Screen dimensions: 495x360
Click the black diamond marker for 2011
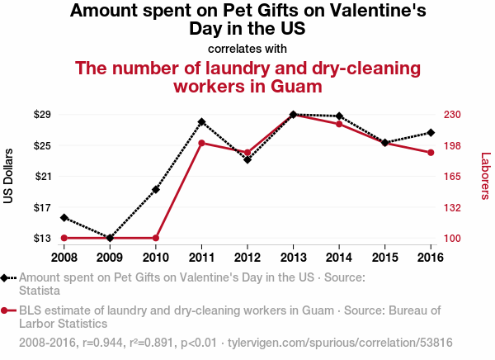(201, 122)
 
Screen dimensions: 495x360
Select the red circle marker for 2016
(431, 153)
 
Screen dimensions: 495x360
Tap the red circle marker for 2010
(156, 238)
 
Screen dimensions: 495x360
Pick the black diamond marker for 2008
(64, 217)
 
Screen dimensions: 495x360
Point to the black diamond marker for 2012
(247, 160)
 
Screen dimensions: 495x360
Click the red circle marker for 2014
(339, 124)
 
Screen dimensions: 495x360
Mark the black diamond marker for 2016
(431, 133)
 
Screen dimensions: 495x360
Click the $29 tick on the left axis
(42, 114)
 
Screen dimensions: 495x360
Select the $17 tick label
(42, 207)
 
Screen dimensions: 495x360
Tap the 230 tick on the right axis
(452, 114)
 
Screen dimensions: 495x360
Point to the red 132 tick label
(452, 207)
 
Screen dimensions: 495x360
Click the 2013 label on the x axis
(293, 258)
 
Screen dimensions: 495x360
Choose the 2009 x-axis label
(110, 258)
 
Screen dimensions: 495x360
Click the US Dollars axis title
(8, 176)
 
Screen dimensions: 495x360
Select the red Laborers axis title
(485, 176)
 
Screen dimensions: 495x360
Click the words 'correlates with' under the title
(247, 49)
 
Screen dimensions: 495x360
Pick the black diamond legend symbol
(4, 278)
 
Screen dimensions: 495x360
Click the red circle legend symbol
(4, 310)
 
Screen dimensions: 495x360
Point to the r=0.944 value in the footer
(102, 343)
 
